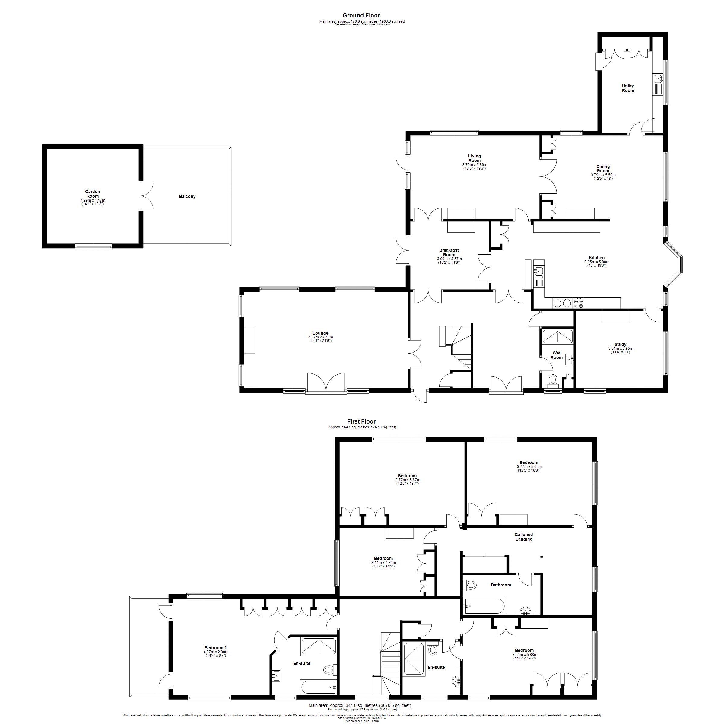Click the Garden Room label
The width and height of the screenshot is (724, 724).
point(93,194)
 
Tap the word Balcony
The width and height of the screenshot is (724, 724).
point(187,197)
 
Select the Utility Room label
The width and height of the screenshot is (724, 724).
point(628,88)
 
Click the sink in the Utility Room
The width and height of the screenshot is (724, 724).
point(658,79)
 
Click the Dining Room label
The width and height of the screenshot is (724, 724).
point(603,169)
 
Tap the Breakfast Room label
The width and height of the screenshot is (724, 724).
point(449,252)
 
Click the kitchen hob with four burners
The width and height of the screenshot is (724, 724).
point(579,303)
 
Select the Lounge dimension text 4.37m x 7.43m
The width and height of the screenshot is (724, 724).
point(320,337)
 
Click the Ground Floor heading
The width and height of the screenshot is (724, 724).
point(361,15)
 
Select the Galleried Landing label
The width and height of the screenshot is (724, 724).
point(523,537)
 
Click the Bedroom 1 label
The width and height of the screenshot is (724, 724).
point(215,648)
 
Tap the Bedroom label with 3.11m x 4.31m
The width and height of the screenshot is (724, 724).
point(383,558)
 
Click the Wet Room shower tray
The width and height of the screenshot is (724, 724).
point(557,337)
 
